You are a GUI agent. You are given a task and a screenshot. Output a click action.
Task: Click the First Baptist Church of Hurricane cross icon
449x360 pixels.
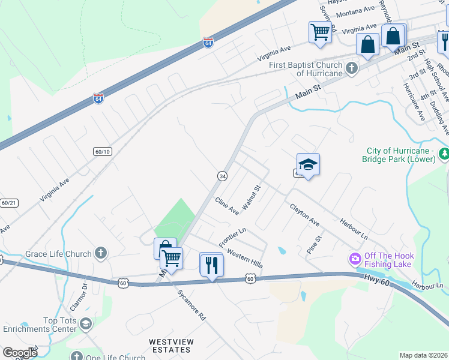click(x=352, y=68)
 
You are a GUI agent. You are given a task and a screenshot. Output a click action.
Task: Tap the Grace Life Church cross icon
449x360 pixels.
click(x=101, y=253)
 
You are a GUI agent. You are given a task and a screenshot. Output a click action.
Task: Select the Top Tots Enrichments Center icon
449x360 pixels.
click(x=86, y=324)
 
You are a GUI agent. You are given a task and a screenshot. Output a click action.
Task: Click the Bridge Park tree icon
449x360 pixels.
click(x=444, y=154)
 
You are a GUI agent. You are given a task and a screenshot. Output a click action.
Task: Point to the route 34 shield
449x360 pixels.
click(x=222, y=176)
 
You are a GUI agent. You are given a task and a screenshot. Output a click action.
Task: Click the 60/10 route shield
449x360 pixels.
click(x=103, y=152)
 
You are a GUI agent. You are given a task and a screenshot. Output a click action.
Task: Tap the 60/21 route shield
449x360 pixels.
click(x=8, y=203)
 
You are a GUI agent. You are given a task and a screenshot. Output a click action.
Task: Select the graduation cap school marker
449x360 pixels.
click(x=308, y=165)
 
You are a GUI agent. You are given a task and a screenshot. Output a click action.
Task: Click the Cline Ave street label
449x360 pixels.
click(x=227, y=203)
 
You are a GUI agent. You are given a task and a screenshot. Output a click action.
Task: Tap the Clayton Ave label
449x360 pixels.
click(x=304, y=214)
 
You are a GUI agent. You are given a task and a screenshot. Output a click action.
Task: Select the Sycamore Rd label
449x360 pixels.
click(x=191, y=305)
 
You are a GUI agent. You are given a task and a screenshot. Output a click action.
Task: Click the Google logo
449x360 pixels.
click(x=20, y=353)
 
